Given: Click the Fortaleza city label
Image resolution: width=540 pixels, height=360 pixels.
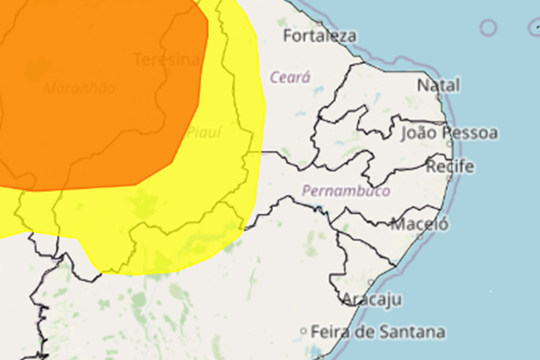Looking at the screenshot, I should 319,36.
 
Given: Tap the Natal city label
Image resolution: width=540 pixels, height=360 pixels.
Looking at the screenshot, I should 438,85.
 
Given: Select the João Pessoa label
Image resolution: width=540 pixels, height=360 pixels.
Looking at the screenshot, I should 449,133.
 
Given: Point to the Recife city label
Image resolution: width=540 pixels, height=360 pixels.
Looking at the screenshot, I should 450,166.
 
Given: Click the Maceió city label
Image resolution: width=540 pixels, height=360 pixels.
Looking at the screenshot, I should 420,224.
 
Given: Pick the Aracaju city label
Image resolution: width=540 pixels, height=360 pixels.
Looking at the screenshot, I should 372,299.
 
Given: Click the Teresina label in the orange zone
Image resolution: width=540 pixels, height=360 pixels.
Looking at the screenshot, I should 166,60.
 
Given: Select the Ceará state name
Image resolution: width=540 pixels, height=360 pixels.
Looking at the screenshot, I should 290,77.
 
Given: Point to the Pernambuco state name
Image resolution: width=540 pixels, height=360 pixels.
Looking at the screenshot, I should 346,191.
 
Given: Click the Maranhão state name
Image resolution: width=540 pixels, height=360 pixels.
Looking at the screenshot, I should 79,88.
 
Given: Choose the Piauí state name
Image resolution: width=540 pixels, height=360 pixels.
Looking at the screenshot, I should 204,133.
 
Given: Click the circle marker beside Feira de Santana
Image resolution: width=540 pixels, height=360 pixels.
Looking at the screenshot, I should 304,331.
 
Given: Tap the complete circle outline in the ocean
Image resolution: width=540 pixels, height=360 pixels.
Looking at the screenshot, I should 488,27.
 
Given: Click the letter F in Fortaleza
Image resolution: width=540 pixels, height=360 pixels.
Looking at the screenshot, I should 287,36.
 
